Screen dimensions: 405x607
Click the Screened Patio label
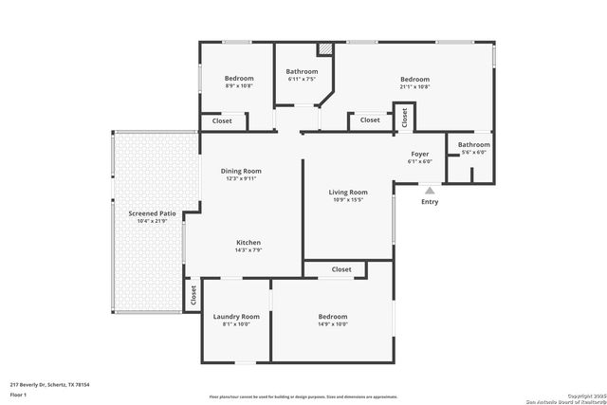(x=153, y=213)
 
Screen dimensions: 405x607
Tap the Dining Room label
(x=241, y=171)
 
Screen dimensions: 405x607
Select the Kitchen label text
(x=248, y=243)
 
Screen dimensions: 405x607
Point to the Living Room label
(x=348, y=192)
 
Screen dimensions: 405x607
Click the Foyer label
(x=419, y=154)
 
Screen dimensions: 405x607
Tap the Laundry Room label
(x=236, y=316)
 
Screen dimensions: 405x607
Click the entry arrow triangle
(x=430, y=191)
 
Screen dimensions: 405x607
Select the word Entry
(x=430, y=201)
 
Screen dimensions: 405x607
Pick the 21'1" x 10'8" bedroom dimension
(x=414, y=86)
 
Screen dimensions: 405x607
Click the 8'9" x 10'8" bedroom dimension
(x=239, y=85)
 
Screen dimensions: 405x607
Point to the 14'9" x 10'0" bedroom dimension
(x=333, y=323)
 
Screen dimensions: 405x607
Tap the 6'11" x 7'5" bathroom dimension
(x=302, y=79)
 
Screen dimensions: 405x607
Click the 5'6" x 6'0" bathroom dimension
(x=473, y=152)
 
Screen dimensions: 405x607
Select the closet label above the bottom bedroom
(x=341, y=269)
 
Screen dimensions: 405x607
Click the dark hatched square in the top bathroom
(x=324, y=48)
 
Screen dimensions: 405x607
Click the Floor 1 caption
(x=19, y=394)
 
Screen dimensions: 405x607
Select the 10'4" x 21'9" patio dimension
(x=153, y=221)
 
